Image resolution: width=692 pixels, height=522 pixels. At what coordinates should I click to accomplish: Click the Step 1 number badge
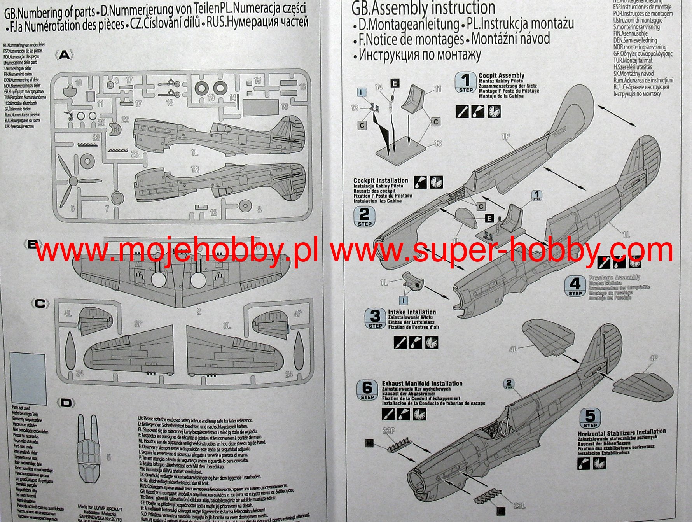pos(465,82)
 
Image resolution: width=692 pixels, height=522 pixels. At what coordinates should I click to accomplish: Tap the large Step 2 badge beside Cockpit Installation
pos(364,217)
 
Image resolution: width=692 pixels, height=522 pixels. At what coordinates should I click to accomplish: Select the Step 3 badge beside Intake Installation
pos(375,319)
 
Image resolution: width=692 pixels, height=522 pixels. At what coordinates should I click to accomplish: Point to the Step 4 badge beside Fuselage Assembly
pos(575,286)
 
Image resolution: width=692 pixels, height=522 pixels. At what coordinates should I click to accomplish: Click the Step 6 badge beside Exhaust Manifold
pos(367,390)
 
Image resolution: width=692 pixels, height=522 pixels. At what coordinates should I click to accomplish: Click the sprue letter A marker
pos(64,55)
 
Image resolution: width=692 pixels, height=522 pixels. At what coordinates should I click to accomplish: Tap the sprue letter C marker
pos(40,303)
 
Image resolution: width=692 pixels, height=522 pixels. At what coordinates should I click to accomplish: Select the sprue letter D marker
pos(66,403)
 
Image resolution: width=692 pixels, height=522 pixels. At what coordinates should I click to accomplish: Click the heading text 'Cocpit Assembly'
pos(501,75)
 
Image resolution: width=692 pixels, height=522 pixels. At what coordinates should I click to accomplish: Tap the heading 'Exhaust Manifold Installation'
pos(422,384)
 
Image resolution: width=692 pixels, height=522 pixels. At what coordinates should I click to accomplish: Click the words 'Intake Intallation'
pos(412,312)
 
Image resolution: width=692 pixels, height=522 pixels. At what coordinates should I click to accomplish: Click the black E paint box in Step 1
pos(395,83)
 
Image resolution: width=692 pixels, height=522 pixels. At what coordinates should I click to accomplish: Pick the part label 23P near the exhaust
pos(389,431)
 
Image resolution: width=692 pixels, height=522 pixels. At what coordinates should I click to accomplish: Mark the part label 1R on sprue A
pos(195,170)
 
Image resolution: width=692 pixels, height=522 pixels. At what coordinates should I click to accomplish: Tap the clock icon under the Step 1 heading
pos(494,112)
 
